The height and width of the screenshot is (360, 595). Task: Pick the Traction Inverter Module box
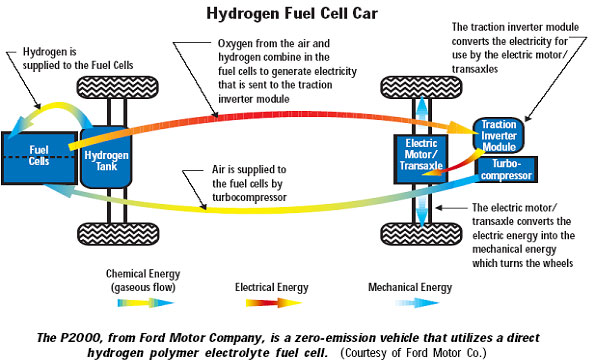(x=507, y=134)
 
